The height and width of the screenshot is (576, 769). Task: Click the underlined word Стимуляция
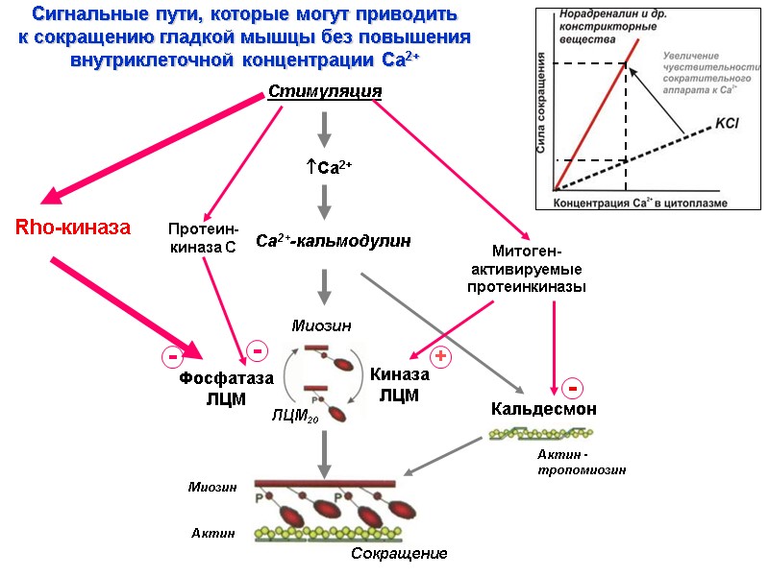pos(325,91)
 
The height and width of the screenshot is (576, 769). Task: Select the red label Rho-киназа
pos(72,228)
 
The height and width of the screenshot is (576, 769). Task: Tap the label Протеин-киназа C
pos(202,238)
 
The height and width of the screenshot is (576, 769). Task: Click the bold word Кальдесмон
pos(544,409)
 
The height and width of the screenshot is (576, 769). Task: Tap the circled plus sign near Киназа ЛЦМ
pos(441,357)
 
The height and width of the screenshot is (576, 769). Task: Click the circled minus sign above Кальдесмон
pos(571,388)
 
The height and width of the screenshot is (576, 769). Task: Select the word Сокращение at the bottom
pos(399,554)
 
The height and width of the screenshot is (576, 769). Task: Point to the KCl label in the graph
pos(727,124)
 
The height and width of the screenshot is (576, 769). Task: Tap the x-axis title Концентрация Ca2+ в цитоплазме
pos(639,203)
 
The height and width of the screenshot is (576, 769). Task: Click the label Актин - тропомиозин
pos(582,462)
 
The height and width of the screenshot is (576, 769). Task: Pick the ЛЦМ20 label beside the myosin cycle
pos(295,417)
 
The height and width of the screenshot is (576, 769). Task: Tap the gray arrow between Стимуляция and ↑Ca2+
pos(325,128)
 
